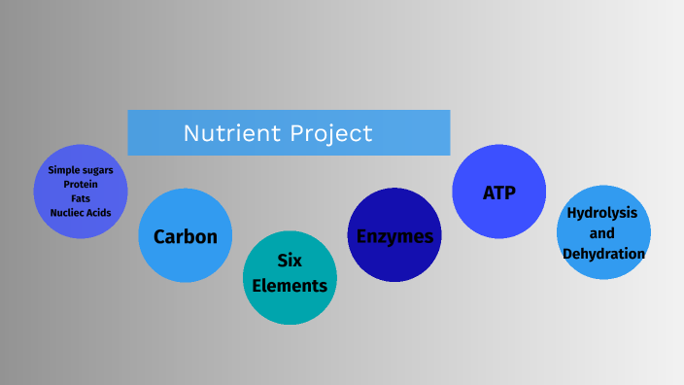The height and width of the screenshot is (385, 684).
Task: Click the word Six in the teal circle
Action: [x=290, y=261]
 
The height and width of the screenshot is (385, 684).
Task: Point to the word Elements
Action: [x=290, y=286]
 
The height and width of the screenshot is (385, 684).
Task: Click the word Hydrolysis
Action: [x=602, y=213]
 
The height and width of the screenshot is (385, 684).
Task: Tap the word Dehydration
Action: [x=603, y=254]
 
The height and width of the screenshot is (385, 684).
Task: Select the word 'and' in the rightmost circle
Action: [x=602, y=233]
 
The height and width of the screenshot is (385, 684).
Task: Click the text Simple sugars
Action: [x=81, y=170]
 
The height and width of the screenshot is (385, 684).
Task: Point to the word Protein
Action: [x=81, y=184]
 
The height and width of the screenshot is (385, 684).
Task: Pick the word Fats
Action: [x=81, y=197]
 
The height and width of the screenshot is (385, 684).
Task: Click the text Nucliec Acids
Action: [x=81, y=212]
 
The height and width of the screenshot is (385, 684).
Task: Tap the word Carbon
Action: [x=185, y=237]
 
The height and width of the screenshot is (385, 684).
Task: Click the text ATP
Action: [x=498, y=192]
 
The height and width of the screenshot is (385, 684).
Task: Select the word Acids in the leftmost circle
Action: [x=99, y=212]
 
